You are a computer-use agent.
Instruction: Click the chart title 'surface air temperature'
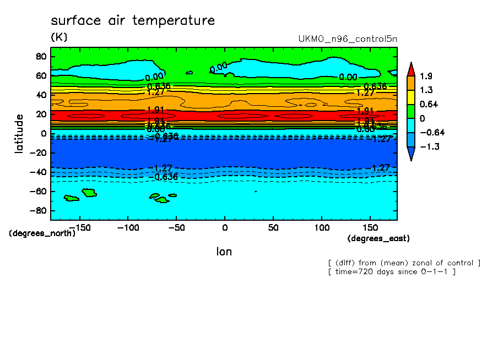coord(132,21)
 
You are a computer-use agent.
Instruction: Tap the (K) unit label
coord(58,37)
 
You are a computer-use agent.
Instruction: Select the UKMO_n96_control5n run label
coord(347,39)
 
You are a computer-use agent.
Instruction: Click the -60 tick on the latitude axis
coord(39,192)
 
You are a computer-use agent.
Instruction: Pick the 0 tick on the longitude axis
coord(224,227)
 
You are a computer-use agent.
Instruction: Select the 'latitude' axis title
coord(19,133)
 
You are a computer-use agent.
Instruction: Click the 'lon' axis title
coord(224,252)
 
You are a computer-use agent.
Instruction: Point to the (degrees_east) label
coord(378,238)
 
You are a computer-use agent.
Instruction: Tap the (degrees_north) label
coord(42,233)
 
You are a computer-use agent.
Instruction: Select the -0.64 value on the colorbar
coord(432,133)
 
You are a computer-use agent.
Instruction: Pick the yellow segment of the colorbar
coord(411,97)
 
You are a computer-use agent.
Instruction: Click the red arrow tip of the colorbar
coord(411,68)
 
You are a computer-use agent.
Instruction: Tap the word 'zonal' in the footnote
coord(414,263)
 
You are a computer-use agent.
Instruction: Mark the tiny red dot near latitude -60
coord(255,191)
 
